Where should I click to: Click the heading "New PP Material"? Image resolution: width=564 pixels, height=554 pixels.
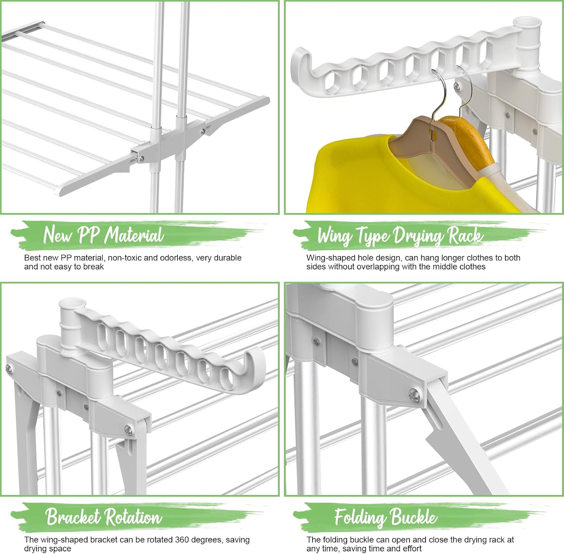click(103, 235)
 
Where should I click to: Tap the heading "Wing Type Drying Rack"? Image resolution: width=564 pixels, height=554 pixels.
click(400, 236)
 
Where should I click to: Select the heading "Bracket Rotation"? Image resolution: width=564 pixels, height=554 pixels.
click(103, 517)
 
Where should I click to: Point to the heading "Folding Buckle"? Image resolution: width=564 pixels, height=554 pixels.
click(386, 517)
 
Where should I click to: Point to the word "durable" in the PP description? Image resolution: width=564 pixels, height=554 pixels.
click(227, 258)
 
